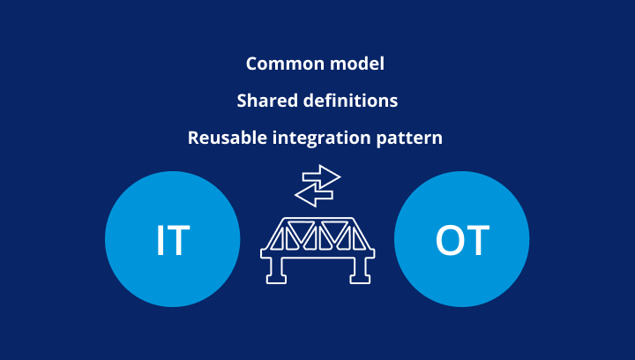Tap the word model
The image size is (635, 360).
357,64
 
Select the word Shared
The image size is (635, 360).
267,101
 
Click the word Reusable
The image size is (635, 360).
228,138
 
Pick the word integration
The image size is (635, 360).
322,139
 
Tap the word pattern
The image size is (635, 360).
409,139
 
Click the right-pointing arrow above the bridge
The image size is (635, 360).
322,176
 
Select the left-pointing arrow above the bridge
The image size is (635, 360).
314,195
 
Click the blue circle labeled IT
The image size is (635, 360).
173,239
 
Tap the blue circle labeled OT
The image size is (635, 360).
461,239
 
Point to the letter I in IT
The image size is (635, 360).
161,240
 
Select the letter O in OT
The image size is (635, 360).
449,240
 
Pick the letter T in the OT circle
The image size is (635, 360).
477,240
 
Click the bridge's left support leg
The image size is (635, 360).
277,270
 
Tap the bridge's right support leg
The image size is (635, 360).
359,270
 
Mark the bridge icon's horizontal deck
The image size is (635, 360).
317,254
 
